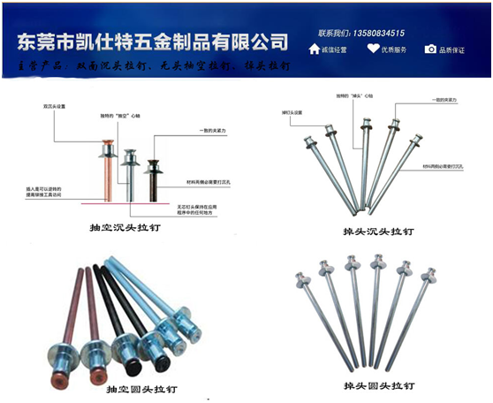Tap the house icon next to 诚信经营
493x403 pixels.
[x=315, y=49]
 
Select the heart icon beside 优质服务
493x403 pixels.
[x=374, y=49]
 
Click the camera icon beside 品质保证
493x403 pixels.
[x=431, y=49]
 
